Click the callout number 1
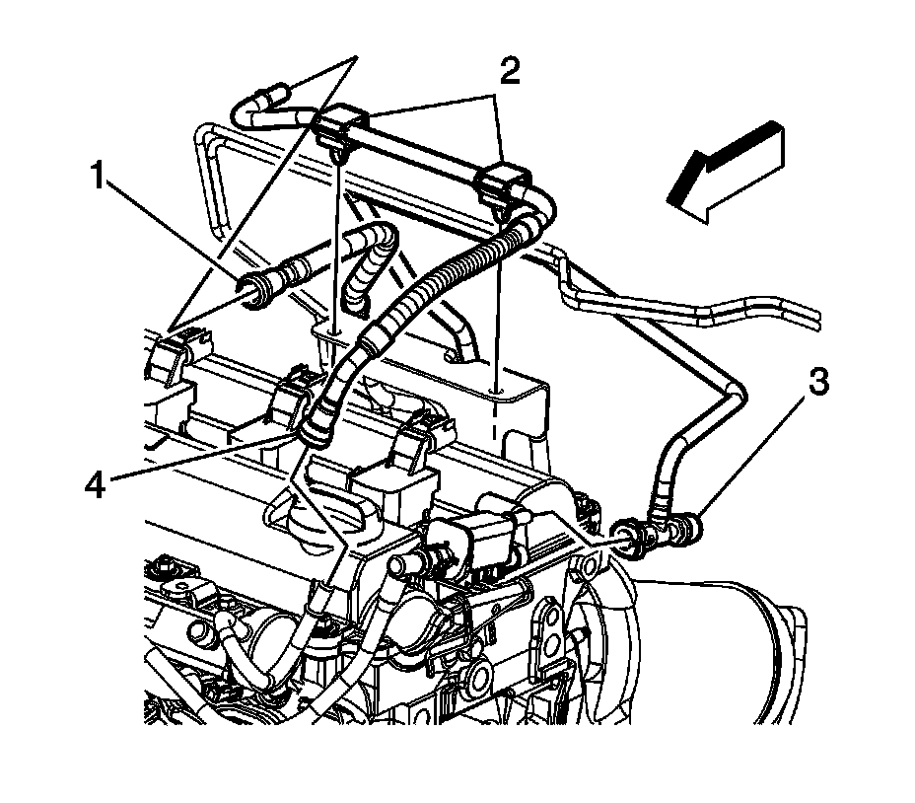(x=98, y=179)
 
